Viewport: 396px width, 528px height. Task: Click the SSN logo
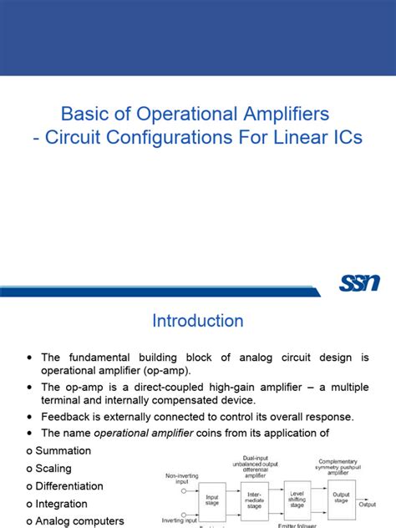pyautogui.click(x=360, y=284)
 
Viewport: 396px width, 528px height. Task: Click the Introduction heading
pyautogui.click(x=198, y=321)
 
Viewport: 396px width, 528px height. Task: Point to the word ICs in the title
pyautogui.click(x=345, y=137)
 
